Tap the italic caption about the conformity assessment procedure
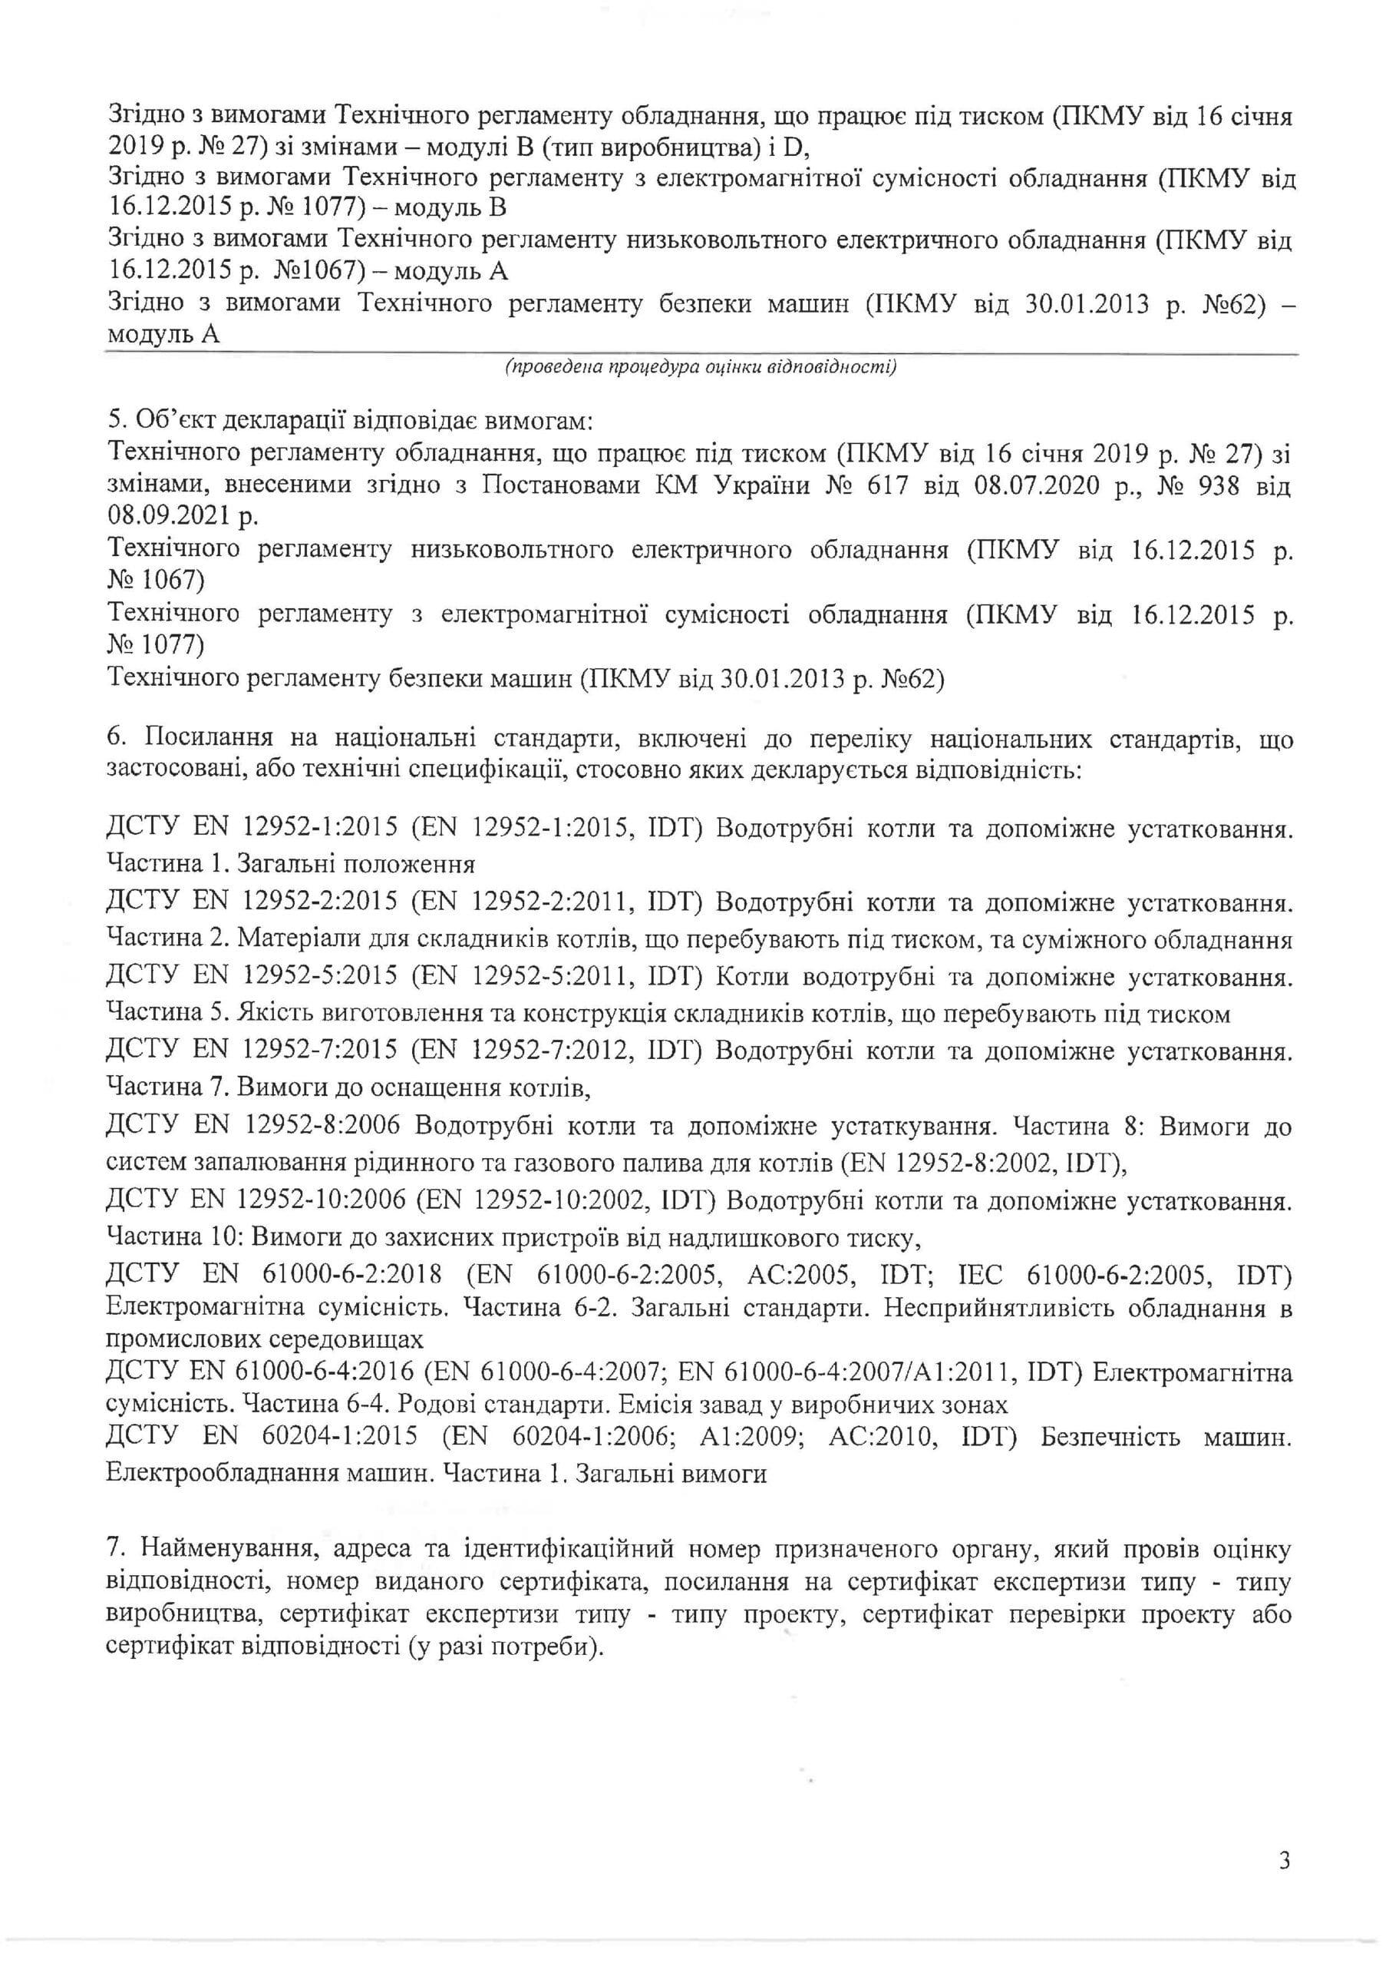[x=701, y=368]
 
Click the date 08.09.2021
[x=166, y=516]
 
